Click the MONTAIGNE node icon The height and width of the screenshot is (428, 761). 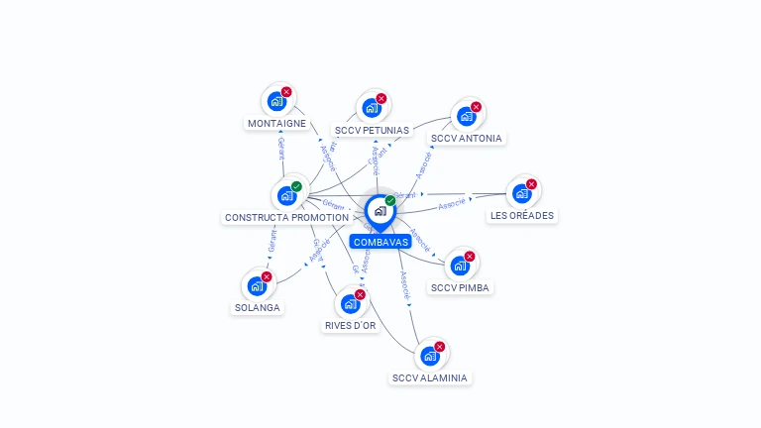276,101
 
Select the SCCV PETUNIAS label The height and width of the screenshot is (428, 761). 372,130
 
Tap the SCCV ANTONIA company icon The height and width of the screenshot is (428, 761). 466,116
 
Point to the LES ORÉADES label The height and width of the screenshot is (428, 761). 522,215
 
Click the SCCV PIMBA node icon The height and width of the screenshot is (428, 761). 460,266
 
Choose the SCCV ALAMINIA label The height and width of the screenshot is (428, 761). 429,377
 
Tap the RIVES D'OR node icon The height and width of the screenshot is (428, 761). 350,304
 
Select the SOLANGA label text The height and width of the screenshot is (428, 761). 257,307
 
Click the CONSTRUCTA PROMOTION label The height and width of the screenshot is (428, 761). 286,217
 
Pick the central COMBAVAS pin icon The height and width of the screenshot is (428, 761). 380,211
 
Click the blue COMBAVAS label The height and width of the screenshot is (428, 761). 380,242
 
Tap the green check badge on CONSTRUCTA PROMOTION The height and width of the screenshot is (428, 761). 296,186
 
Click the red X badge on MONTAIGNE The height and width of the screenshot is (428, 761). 286,92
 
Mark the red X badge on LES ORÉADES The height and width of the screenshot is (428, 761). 531,184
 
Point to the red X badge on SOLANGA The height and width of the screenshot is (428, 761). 267,277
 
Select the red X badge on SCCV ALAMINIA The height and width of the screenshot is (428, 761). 439,347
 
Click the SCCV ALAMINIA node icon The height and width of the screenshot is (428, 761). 429,356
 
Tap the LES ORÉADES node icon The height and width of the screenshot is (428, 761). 521,193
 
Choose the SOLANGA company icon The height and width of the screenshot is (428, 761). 257,286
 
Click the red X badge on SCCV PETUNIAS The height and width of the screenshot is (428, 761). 381,98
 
